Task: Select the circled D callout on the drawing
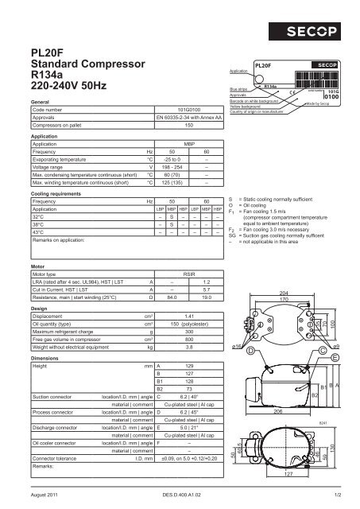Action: click(251, 351)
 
